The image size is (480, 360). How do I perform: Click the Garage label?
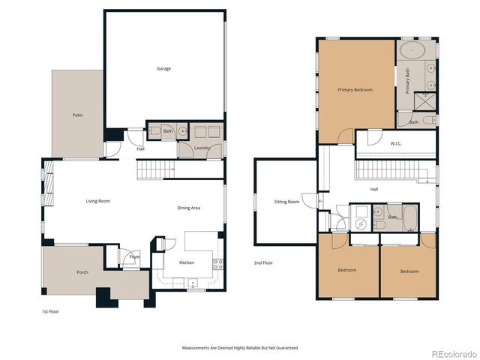pyautogui.click(x=163, y=69)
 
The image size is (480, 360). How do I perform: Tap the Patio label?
pyautogui.click(x=77, y=115)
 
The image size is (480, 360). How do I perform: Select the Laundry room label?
pyautogui.click(x=201, y=148)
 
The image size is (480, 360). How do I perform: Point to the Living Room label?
pyautogui.click(x=97, y=201)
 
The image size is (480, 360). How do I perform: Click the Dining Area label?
pyautogui.click(x=189, y=208)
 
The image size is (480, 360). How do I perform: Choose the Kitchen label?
pyautogui.click(x=187, y=262)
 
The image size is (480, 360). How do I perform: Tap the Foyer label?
pyautogui.click(x=134, y=257)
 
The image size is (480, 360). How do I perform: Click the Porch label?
pyautogui.click(x=82, y=272)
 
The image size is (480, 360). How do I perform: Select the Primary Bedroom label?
pyautogui.click(x=355, y=90)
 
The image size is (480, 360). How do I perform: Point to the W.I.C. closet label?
pyautogui.click(x=397, y=143)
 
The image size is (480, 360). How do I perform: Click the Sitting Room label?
pyautogui.click(x=286, y=202)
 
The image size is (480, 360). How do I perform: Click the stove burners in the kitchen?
pyautogui.click(x=218, y=263)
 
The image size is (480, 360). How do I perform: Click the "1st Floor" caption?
pyautogui.click(x=49, y=310)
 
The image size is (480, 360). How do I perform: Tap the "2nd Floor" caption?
pyautogui.click(x=262, y=263)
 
